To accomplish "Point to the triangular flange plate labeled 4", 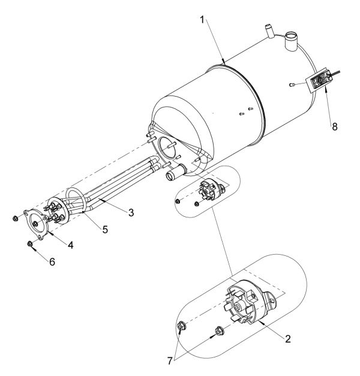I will [38, 223].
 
